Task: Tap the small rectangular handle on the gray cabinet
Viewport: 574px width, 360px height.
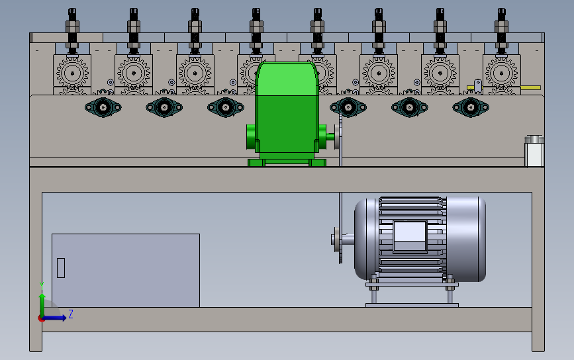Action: pyautogui.click(x=61, y=267)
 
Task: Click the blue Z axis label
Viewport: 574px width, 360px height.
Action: pyautogui.click(x=71, y=314)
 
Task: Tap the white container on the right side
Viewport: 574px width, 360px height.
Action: pyautogui.click(x=534, y=152)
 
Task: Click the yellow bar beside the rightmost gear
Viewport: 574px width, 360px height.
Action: pyautogui.click(x=530, y=87)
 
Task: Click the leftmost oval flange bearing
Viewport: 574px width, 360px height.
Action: pyautogui.click(x=103, y=107)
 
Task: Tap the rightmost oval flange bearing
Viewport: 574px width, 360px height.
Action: pyautogui.click(x=471, y=107)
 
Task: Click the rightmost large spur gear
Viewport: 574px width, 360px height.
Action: pyautogui.click(x=501, y=71)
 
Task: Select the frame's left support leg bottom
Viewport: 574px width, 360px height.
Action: pyautogui.click(x=36, y=343)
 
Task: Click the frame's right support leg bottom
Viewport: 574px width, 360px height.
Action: pyautogui.click(x=538, y=343)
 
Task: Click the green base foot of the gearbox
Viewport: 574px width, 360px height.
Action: pyautogui.click(x=287, y=162)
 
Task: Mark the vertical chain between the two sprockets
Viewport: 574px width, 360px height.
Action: pyautogui.click(x=340, y=199)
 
